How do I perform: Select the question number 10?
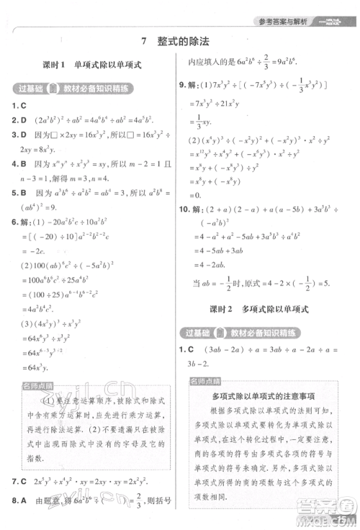pyautogui.click(x=185, y=209)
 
